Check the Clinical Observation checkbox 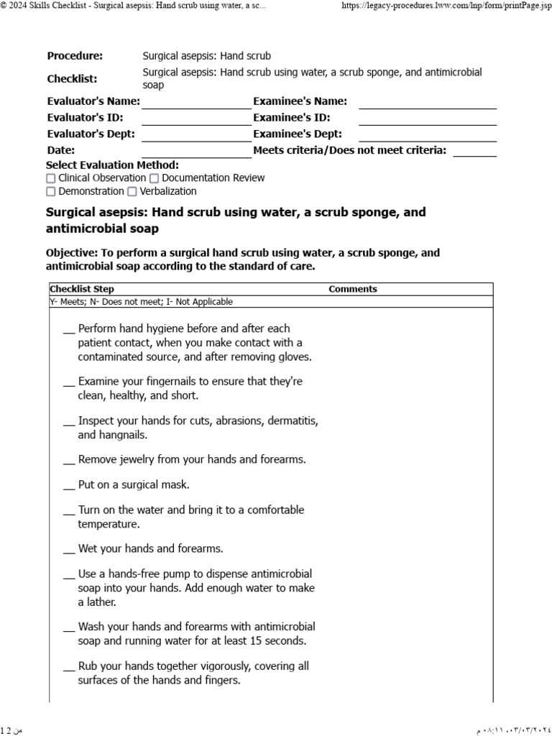tap(51, 178)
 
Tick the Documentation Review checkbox tap(155, 178)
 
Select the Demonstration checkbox tap(51, 192)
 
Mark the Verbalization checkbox tap(132, 192)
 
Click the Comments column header tap(352, 289)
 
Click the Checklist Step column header tap(81, 289)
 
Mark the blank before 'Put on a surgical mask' tap(69, 486)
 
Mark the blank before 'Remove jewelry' tap(69, 460)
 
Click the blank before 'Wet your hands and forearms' tap(69, 550)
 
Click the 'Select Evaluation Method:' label tap(112, 165)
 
